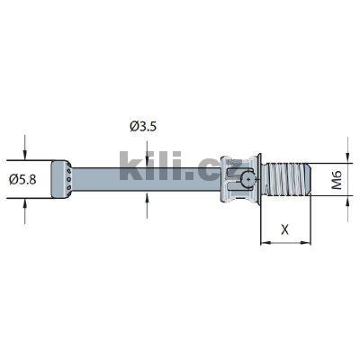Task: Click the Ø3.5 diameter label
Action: coord(145,127)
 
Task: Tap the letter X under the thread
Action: coord(285,229)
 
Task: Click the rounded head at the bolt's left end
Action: coord(60,180)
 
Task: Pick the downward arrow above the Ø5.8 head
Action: coord(25,152)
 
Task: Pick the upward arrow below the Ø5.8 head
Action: coord(25,206)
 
